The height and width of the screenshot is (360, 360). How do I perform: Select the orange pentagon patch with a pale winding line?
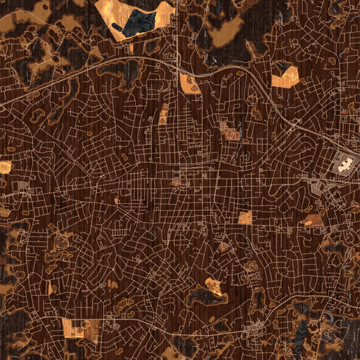coord(284,77)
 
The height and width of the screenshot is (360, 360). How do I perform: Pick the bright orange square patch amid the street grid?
coord(244,217)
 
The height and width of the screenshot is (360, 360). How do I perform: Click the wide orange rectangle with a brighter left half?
coord(78,327)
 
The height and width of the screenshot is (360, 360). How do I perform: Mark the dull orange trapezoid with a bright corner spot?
coord(313,220)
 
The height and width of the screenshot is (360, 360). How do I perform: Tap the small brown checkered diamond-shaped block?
coord(223,247)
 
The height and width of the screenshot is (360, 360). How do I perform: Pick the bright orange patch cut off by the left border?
coord(5,167)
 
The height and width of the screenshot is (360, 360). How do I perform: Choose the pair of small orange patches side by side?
coord(175,181)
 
